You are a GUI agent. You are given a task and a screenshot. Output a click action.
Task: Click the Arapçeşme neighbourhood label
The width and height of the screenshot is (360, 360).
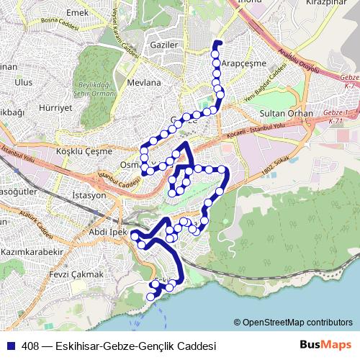[x=243, y=63]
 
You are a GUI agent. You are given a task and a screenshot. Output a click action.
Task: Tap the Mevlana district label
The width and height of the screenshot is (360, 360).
[x=143, y=83]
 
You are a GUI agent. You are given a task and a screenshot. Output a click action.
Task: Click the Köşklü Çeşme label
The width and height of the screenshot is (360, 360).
[x=84, y=151]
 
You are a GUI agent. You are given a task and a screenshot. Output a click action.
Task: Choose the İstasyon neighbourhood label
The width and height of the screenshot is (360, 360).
[x=89, y=195]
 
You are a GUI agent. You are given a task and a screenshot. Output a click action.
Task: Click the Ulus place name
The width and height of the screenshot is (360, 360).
[x=23, y=83]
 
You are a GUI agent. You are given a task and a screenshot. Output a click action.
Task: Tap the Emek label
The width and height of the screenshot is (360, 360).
[x=76, y=13]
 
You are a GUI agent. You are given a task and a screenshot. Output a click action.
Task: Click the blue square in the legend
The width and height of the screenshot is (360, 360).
[x=10, y=346]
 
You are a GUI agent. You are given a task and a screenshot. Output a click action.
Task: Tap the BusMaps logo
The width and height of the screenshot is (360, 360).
[x=326, y=345]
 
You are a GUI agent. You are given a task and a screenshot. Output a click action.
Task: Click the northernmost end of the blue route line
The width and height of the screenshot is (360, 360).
[x=217, y=44]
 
